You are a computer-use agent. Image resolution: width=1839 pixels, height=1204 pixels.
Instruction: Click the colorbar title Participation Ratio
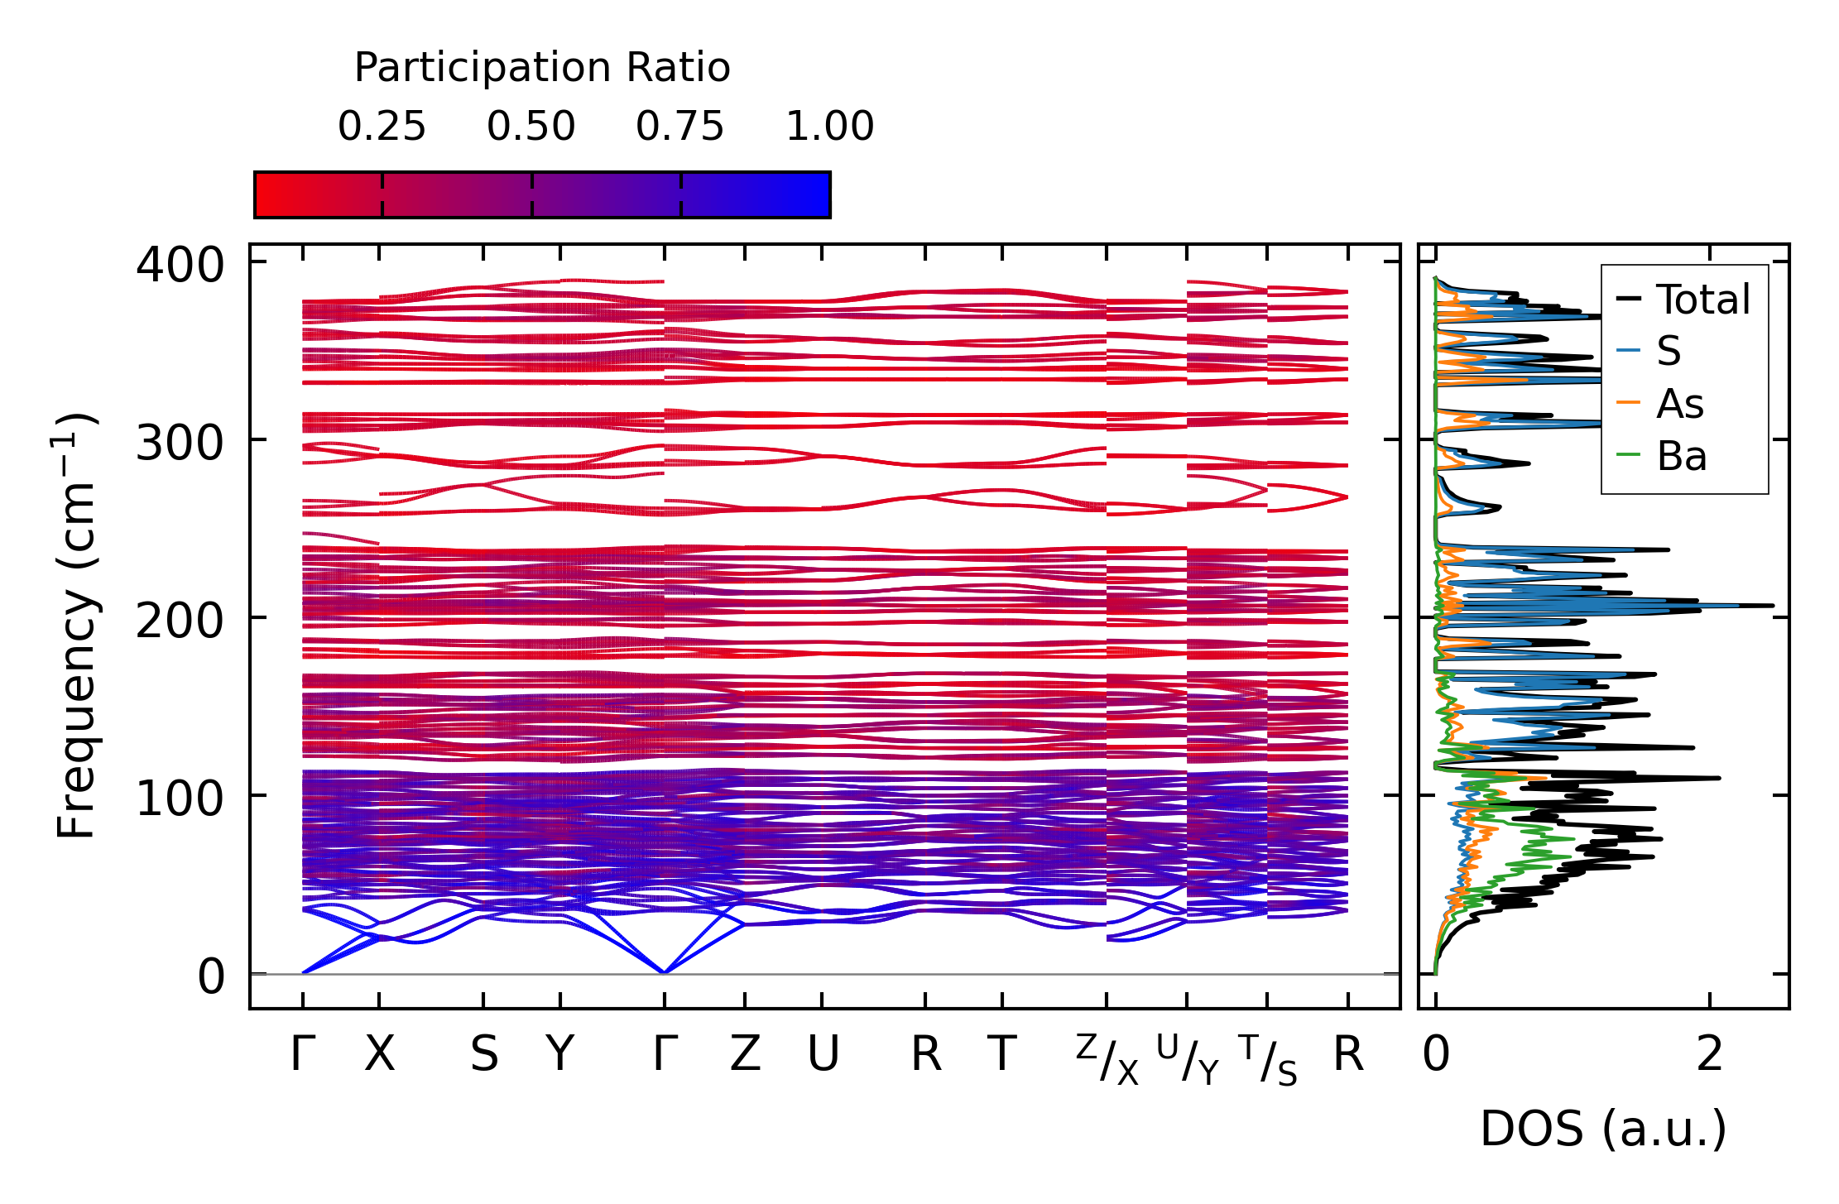(x=542, y=68)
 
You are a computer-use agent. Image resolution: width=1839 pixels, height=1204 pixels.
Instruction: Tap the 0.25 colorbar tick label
(x=382, y=127)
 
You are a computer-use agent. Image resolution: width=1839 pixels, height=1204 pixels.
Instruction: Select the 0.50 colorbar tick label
(x=531, y=127)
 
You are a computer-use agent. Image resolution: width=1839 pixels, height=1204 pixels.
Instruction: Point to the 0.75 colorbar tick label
(x=679, y=127)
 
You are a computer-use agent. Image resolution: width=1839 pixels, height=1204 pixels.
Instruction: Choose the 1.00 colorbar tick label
(x=829, y=127)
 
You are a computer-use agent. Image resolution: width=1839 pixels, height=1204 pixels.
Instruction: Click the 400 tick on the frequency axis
(x=180, y=266)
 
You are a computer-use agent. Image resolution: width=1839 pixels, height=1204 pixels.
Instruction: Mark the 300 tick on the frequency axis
(x=180, y=444)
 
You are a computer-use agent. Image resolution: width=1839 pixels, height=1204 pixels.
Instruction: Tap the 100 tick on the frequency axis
(x=180, y=799)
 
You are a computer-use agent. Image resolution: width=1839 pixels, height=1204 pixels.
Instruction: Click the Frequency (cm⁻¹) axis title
(x=76, y=626)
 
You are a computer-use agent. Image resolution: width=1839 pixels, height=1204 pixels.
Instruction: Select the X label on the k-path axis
(x=380, y=1054)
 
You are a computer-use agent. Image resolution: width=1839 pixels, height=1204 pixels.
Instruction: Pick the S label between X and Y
(x=484, y=1054)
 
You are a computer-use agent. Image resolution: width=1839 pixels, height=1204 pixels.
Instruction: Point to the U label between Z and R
(x=823, y=1054)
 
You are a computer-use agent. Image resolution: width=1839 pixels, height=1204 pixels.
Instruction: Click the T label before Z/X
(x=1001, y=1054)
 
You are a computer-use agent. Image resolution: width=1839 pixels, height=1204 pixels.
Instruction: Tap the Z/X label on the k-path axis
(x=1107, y=1059)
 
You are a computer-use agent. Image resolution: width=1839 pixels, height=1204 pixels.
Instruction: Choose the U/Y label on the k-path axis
(x=1188, y=1059)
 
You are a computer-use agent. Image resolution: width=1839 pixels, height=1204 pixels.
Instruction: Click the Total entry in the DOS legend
(x=1702, y=300)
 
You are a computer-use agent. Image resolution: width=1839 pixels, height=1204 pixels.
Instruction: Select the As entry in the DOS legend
(x=1680, y=405)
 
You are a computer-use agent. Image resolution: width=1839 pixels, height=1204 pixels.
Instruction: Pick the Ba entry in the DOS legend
(x=1681, y=456)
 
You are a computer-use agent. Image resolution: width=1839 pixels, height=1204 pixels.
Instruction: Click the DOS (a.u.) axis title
(x=1603, y=1129)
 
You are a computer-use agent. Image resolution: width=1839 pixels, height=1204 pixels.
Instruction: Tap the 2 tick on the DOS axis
(x=1709, y=1054)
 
